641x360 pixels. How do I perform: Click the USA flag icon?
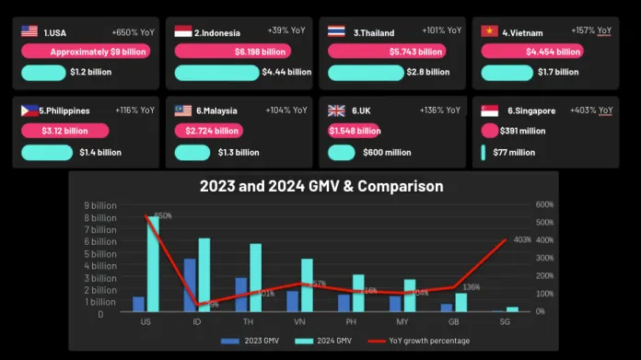click(x=30, y=30)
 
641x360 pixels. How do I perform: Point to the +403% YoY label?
click(x=591, y=110)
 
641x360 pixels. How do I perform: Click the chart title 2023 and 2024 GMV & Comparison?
click(x=321, y=186)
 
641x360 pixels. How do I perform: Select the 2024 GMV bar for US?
click(x=154, y=264)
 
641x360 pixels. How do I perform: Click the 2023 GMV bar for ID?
click(x=190, y=285)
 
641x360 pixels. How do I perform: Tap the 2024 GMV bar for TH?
click(x=255, y=278)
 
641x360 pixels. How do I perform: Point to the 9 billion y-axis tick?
click(x=100, y=205)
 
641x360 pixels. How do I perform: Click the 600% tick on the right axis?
click(x=543, y=205)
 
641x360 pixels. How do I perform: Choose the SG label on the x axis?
click(x=505, y=323)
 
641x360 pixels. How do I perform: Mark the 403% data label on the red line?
click(x=522, y=240)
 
